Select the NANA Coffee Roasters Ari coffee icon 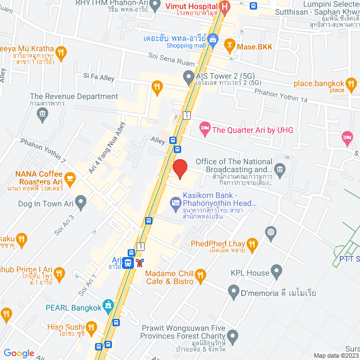click(70, 179)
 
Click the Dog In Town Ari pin click(81, 201)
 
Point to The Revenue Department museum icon click(42, 115)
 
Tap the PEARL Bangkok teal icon click(109, 307)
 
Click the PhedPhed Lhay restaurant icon click(251, 244)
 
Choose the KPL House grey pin click(276, 273)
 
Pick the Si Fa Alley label click(98, 75)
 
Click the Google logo click(19, 353)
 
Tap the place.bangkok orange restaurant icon click(352, 85)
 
